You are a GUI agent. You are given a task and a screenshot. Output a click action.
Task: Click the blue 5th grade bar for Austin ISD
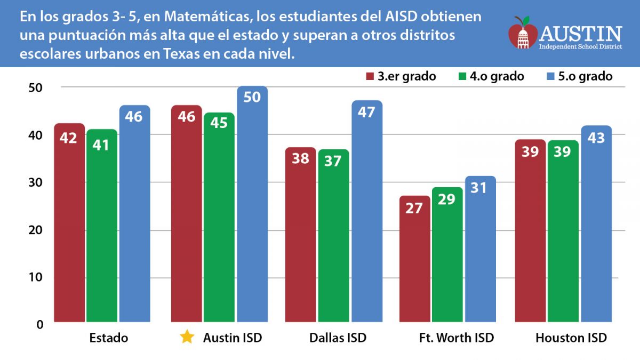(x=252, y=208)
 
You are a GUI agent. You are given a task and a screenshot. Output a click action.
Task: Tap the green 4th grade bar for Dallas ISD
(x=333, y=240)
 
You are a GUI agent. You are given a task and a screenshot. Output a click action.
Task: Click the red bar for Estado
(x=69, y=224)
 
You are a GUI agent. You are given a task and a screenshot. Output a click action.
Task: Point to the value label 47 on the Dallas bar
(x=367, y=113)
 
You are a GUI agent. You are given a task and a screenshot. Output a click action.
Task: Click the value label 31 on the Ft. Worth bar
(x=480, y=188)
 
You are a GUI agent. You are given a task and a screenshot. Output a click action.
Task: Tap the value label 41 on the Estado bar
(x=101, y=144)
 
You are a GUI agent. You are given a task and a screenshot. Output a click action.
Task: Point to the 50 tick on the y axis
(x=39, y=87)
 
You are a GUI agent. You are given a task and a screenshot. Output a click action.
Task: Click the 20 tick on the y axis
(x=39, y=230)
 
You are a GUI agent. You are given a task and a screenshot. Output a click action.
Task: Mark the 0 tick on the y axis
(x=42, y=324)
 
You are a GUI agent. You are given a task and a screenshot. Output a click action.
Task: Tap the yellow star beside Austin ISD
(x=187, y=337)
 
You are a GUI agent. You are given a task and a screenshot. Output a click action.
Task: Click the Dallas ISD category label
(x=338, y=338)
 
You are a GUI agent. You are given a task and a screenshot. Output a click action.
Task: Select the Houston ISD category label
(x=571, y=338)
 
